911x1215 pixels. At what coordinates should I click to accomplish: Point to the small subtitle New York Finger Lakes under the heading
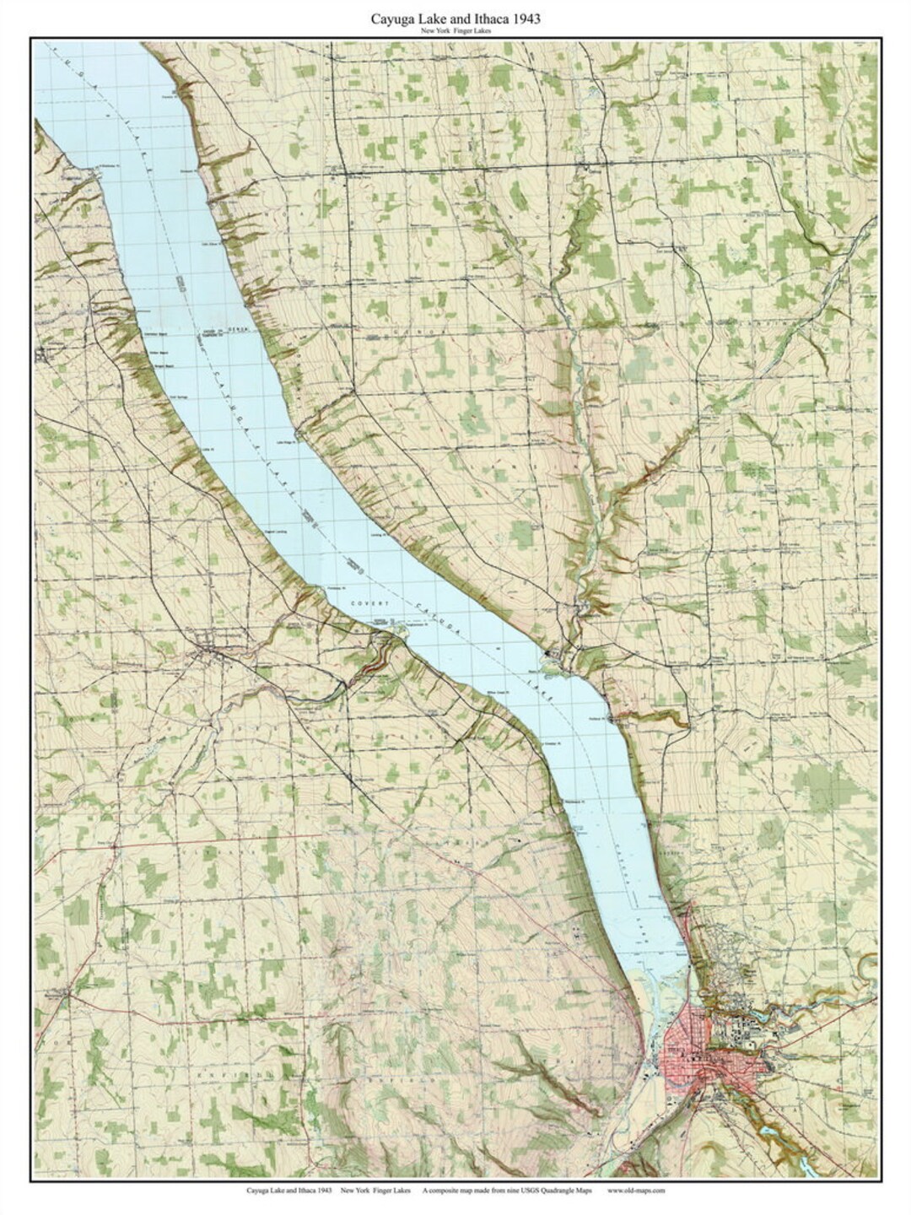pos(455,31)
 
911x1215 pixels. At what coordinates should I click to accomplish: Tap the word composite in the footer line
pos(455,1191)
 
